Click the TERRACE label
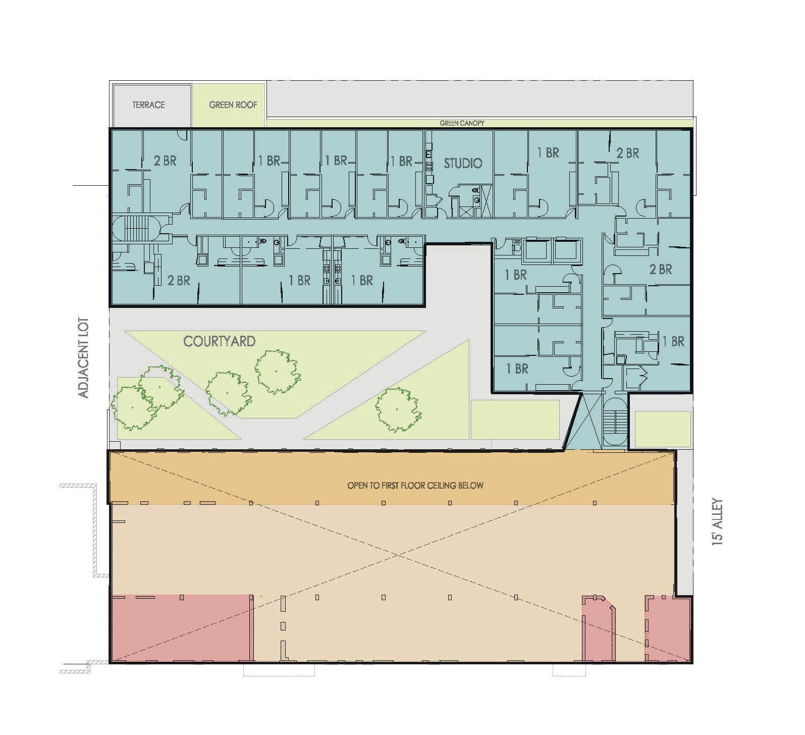148,105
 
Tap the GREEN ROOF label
233,105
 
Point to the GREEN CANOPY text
462,123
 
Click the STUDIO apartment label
463,163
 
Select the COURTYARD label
219,341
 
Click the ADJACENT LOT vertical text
84,357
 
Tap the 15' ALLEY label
717,521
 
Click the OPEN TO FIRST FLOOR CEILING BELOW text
415,486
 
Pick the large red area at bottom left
181,628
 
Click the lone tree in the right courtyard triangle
397,409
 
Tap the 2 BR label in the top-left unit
165,161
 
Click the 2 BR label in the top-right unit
627,153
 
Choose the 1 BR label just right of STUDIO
548,152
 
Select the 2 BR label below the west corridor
178,280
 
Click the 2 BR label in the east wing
660,270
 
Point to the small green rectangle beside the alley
662,429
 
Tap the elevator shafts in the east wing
553,252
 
